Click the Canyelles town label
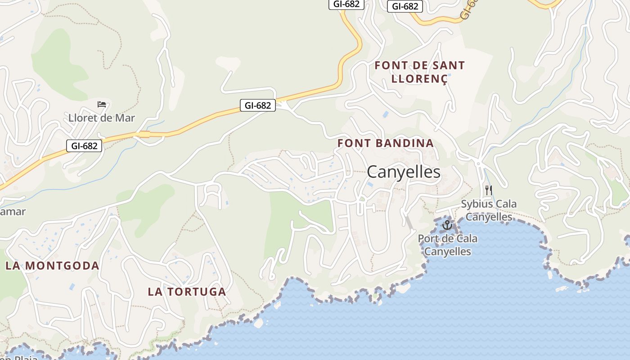pyautogui.click(x=403, y=172)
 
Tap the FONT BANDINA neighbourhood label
pyautogui.click(x=386, y=143)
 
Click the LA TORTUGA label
pyautogui.click(x=187, y=292)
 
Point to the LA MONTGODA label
pyautogui.click(x=52, y=265)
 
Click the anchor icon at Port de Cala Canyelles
pyautogui.click(x=447, y=225)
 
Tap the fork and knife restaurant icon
pyautogui.click(x=488, y=190)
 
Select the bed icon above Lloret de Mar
pyautogui.click(x=102, y=104)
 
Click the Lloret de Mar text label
pyautogui.click(x=102, y=118)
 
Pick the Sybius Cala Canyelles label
pyautogui.click(x=489, y=210)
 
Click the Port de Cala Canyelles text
pyautogui.click(x=447, y=245)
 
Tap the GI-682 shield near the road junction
pyautogui.click(x=257, y=105)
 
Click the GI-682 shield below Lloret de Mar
pyautogui.click(x=84, y=146)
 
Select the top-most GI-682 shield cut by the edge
pyautogui.click(x=346, y=4)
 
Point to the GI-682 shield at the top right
pyautogui.click(x=405, y=6)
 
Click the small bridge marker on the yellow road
pyautogui.click(x=144, y=134)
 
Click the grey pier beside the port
pyautogui.click(x=409, y=222)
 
